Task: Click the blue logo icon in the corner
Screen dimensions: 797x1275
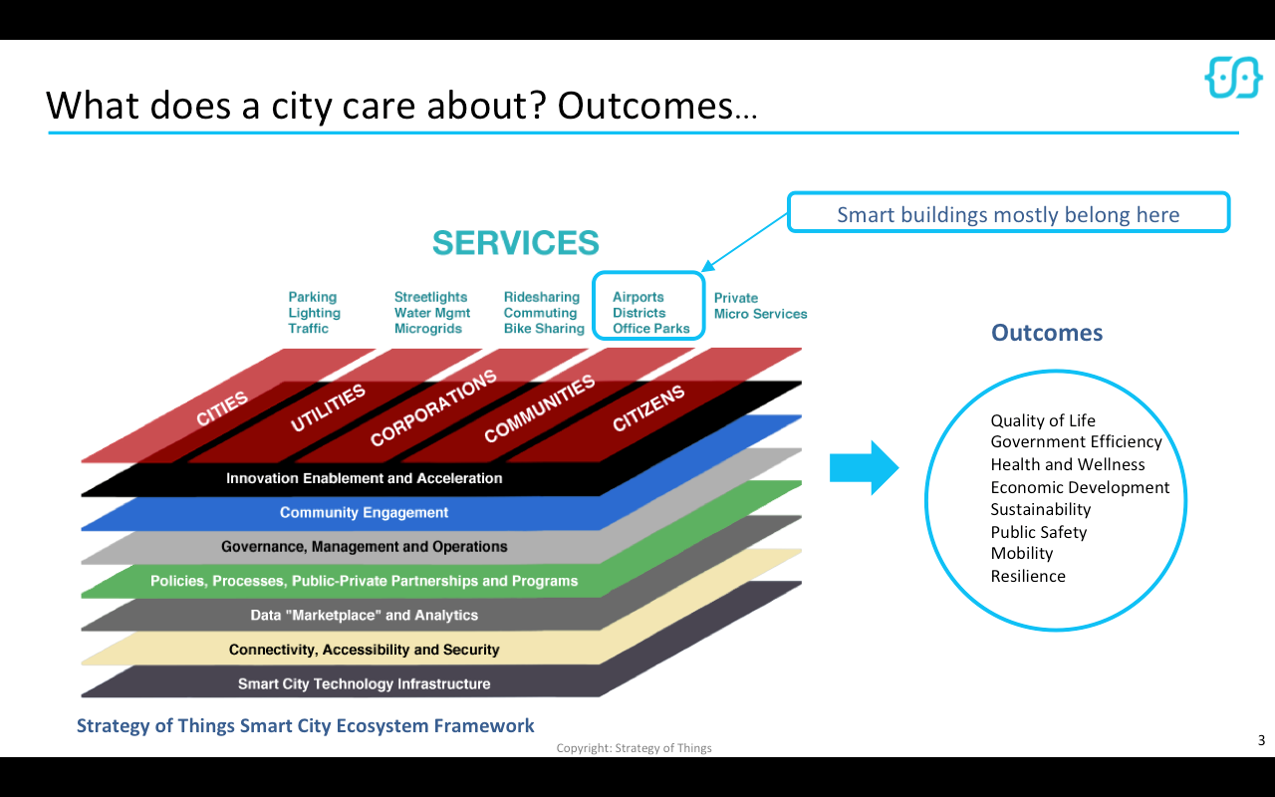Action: point(1233,77)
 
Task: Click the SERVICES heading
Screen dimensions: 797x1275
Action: point(515,242)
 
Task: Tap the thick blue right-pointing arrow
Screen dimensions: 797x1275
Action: point(864,467)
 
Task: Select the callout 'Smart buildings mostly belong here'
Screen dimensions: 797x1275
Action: point(1008,214)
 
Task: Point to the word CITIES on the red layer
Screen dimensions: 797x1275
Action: point(222,408)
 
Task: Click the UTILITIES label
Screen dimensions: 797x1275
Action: point(329,408)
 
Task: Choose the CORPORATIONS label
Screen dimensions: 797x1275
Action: point(432,408)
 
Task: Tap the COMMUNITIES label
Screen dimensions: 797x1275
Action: point(539,408)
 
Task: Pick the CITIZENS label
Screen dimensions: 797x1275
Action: point(648,408)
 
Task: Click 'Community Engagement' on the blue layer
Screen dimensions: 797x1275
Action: point(364,512)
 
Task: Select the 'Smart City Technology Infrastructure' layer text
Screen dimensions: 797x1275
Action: point(364,683)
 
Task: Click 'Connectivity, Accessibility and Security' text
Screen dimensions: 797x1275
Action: point(364,650)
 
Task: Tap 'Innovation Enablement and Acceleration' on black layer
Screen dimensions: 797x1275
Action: point(364,478)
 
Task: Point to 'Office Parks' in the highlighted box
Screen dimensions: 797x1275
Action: point(650,329)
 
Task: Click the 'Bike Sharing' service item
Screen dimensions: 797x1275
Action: point(544,329)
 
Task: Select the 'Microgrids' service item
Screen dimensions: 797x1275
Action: point(427,329)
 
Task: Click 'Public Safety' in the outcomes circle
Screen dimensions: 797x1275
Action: point(1038,532)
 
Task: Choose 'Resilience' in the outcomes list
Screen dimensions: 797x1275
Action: point(1027,576)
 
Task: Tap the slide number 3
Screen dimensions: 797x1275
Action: point(1261,740)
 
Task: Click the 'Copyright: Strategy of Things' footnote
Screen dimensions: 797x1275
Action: point(634,748)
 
